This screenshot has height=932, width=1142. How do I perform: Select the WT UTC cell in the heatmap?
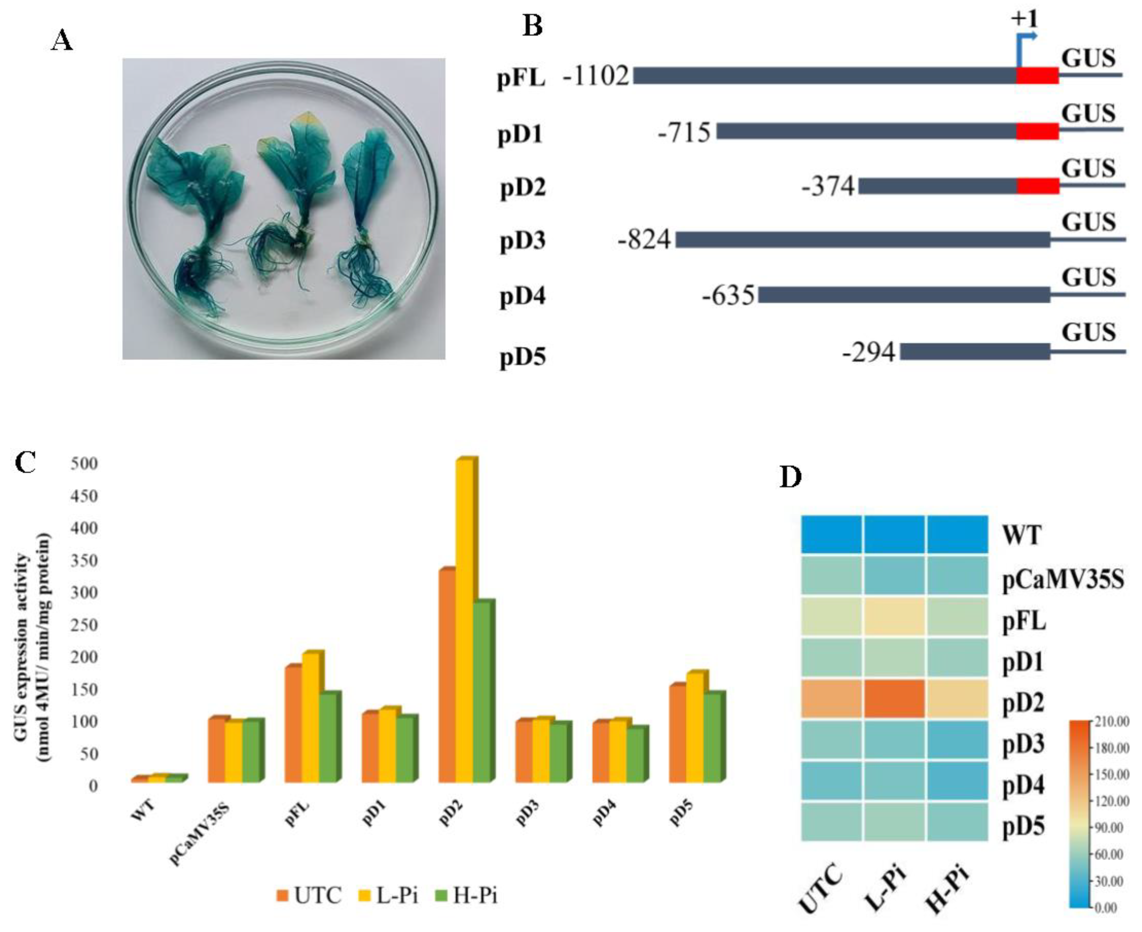coord(831,534)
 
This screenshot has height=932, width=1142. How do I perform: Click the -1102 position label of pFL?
coord(596,76)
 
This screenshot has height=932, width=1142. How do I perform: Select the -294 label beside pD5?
coord(869,353)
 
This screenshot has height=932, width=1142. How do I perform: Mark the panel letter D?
coord(790,477)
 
